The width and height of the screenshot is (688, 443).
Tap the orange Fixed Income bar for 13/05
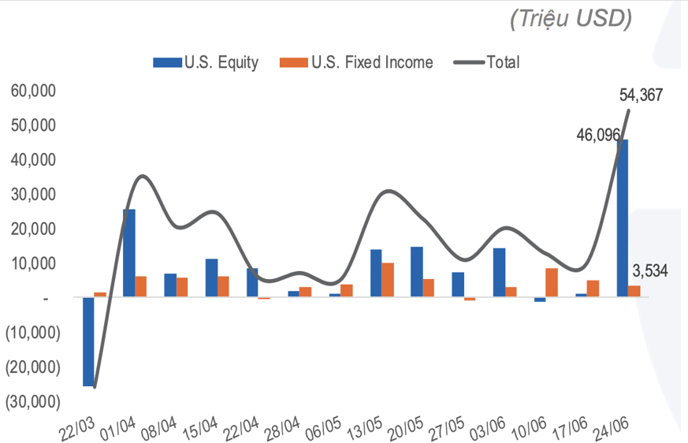(388, 280)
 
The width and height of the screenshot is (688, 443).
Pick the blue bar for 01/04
(128, 253)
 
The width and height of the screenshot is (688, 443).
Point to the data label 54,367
(641, 95)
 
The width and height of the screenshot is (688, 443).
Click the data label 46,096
(597, 135)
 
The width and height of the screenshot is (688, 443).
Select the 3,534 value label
(650, 270)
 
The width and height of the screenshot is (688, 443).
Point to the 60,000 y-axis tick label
(33, 91)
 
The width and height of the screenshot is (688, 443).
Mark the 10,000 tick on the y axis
(33, 263)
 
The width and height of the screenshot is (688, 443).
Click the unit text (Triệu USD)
(570, 18)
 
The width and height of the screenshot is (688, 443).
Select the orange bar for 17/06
(593, 289)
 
